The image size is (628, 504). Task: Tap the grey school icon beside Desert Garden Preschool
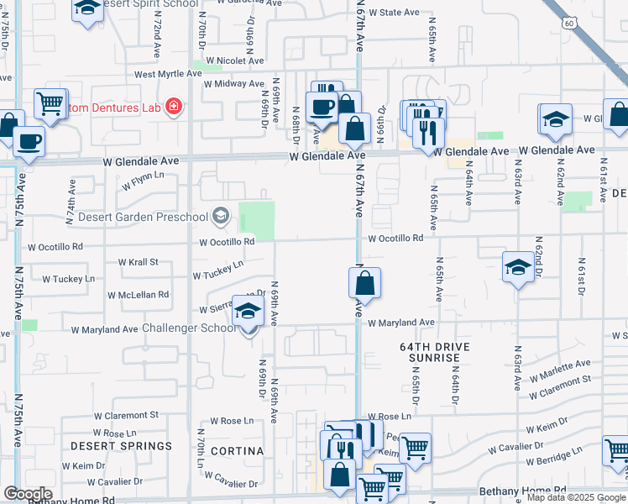(220, 217)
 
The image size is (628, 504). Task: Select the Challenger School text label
(190, 328)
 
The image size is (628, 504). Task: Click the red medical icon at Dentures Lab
(174, 107)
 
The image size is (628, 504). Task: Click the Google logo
(28, 494)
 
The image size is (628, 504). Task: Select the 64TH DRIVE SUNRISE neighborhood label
(435, 352)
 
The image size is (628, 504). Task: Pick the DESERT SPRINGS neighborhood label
(122, 445)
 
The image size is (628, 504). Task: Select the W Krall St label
(139, 262)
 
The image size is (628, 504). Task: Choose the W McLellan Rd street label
(138, 295)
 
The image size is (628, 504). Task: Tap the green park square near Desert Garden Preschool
(257, 218)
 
